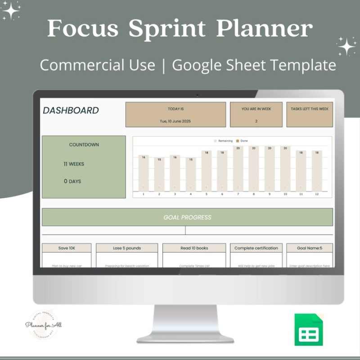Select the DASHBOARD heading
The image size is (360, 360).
tap(71, 111)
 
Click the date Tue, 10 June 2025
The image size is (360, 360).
tap(175, 121)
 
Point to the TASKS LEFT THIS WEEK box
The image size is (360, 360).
tap(309, 114)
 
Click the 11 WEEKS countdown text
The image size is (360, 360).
tap(74, 164)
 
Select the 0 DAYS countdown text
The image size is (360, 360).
tap(72, 181)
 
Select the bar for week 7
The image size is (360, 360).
tap(238, 169)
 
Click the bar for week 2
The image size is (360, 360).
tap(159, 174)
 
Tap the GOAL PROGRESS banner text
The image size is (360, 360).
tap(187, 217)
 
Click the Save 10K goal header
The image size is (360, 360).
tap(67, 248)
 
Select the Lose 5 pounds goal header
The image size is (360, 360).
tap(127, 248)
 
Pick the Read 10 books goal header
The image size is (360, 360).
tap(194, 248)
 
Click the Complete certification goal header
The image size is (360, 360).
tap(256, 248)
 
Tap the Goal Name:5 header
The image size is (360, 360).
tap(310, 248)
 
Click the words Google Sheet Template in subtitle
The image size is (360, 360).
tap(254, 65)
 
